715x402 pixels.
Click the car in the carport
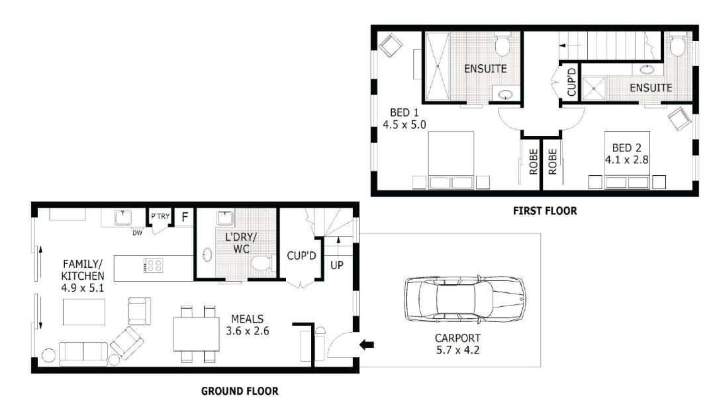point(465,299)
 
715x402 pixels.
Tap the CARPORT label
point(457,339)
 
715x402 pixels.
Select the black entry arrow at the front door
point(367,344)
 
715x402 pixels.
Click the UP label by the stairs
point(336,265)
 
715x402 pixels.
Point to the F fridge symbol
point(185,217)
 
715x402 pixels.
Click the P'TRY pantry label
point(160,216)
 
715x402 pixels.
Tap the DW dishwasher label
point(137,233)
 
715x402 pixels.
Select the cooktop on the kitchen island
point(153,265)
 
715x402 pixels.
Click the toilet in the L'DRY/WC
point(262,263)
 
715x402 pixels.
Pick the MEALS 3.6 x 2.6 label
point(248,325)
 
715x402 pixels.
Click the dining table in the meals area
point(197,334)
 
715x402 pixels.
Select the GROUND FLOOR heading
point(240,391)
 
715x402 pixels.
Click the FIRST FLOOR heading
point(545,211)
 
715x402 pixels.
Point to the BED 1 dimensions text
point(404,125)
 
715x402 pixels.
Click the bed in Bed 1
point(451,160)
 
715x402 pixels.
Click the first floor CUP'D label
point(571,83)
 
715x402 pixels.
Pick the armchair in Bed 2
point(680,118)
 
